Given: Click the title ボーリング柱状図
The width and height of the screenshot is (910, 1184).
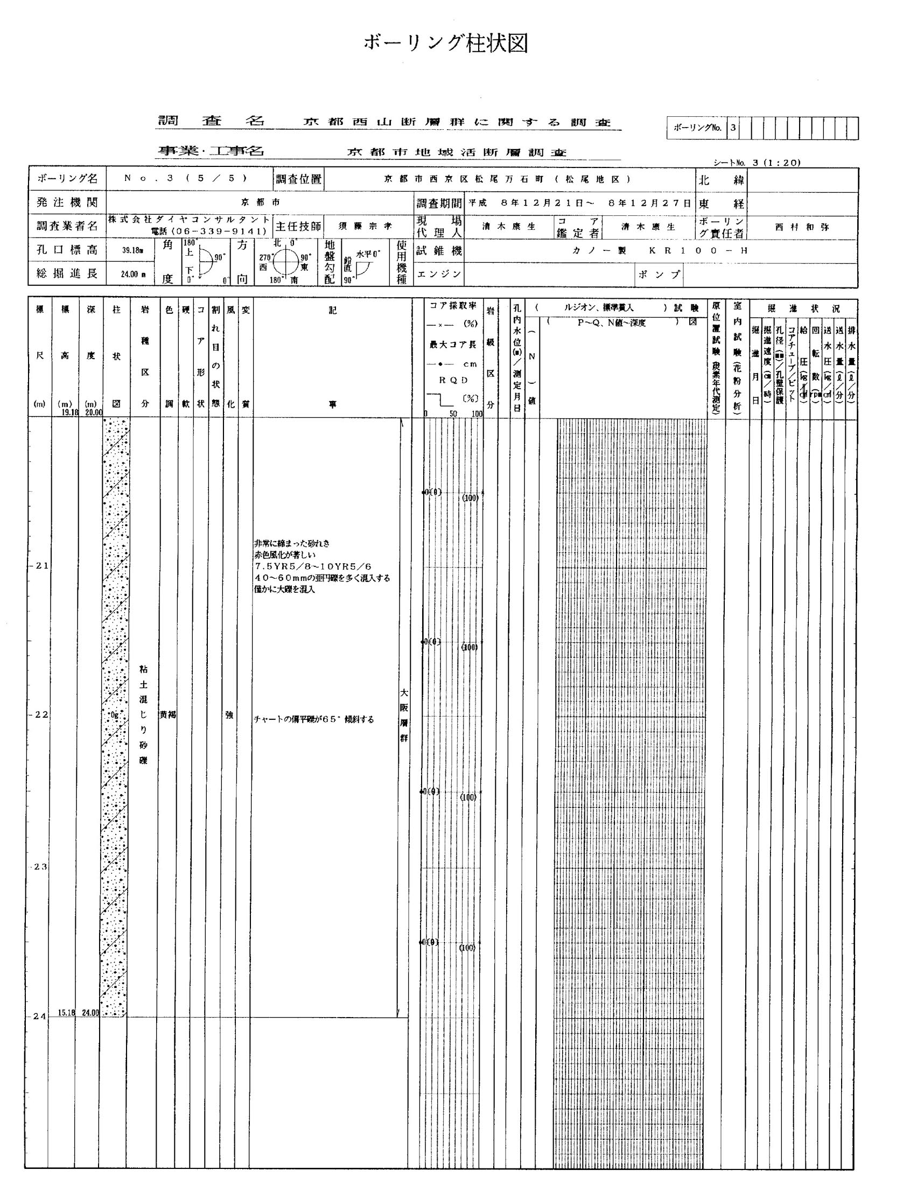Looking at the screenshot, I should tap(445, 43).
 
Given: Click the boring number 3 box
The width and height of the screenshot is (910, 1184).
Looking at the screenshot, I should tap(733, 128).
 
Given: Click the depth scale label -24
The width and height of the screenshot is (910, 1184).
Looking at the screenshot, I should tap(39, 1017).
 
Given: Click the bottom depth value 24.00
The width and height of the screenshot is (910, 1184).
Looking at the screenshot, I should tap(90, 1012).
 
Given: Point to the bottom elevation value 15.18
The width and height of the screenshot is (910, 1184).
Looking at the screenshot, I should tap(66, 1012).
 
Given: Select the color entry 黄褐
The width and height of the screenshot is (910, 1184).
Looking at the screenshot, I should tap(168, 715).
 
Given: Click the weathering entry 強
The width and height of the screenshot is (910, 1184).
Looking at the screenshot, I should tap(229, 715).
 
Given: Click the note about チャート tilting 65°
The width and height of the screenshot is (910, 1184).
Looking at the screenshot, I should tap(314, 720).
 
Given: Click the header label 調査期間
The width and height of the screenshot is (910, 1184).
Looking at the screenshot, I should tap(439, 203).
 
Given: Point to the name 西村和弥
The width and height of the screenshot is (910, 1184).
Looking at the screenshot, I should tap(802, 227).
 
